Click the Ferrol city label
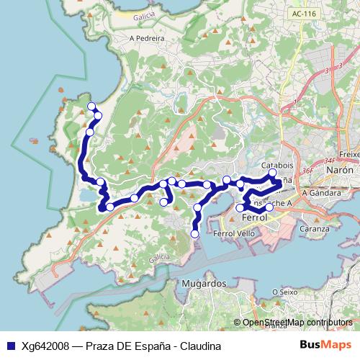(x=255, y=217)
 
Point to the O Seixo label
(x=285, y=292)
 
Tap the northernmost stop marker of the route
(x=91, y=107)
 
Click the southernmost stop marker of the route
(x=194, y=233)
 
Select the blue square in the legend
(x=11, y=345)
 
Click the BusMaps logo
(x=321, y=344)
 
